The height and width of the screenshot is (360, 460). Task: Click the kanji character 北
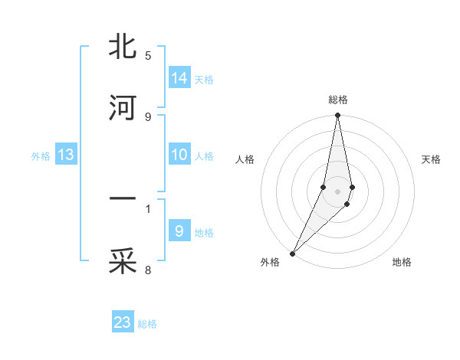(x=123, y=47)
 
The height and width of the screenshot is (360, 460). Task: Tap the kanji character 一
(x=123, y=200)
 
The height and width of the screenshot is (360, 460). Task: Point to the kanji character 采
(x=123, y=261)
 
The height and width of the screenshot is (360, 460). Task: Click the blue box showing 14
(x=179, y=77)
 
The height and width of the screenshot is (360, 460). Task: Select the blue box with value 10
(x=179, y=155)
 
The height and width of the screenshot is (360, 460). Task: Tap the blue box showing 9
(x=179, y=231)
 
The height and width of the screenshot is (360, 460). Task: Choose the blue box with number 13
(x=66, y=155)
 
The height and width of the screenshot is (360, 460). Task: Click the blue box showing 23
(x=123, y=322)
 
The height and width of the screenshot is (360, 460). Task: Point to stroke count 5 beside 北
(x=148, y=56)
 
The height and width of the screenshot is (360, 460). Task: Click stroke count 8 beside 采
(x=148, y=270)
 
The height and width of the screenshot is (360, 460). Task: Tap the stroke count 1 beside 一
(x=148, y=208)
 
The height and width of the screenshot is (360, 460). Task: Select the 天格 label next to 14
(x=204, y=79)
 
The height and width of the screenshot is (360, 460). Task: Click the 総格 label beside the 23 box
(x=147, y=324)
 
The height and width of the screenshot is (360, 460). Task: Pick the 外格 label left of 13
(x=41, y=156)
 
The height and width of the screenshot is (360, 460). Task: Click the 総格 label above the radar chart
(x=338, y=100)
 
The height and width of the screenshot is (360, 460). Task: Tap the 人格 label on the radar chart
(x=245, y=159)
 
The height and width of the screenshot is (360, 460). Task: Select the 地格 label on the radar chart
(x=402, y=263)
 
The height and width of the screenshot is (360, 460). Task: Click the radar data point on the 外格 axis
(x=292, y=253)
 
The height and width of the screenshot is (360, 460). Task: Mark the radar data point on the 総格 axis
(x=338, y=116)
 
